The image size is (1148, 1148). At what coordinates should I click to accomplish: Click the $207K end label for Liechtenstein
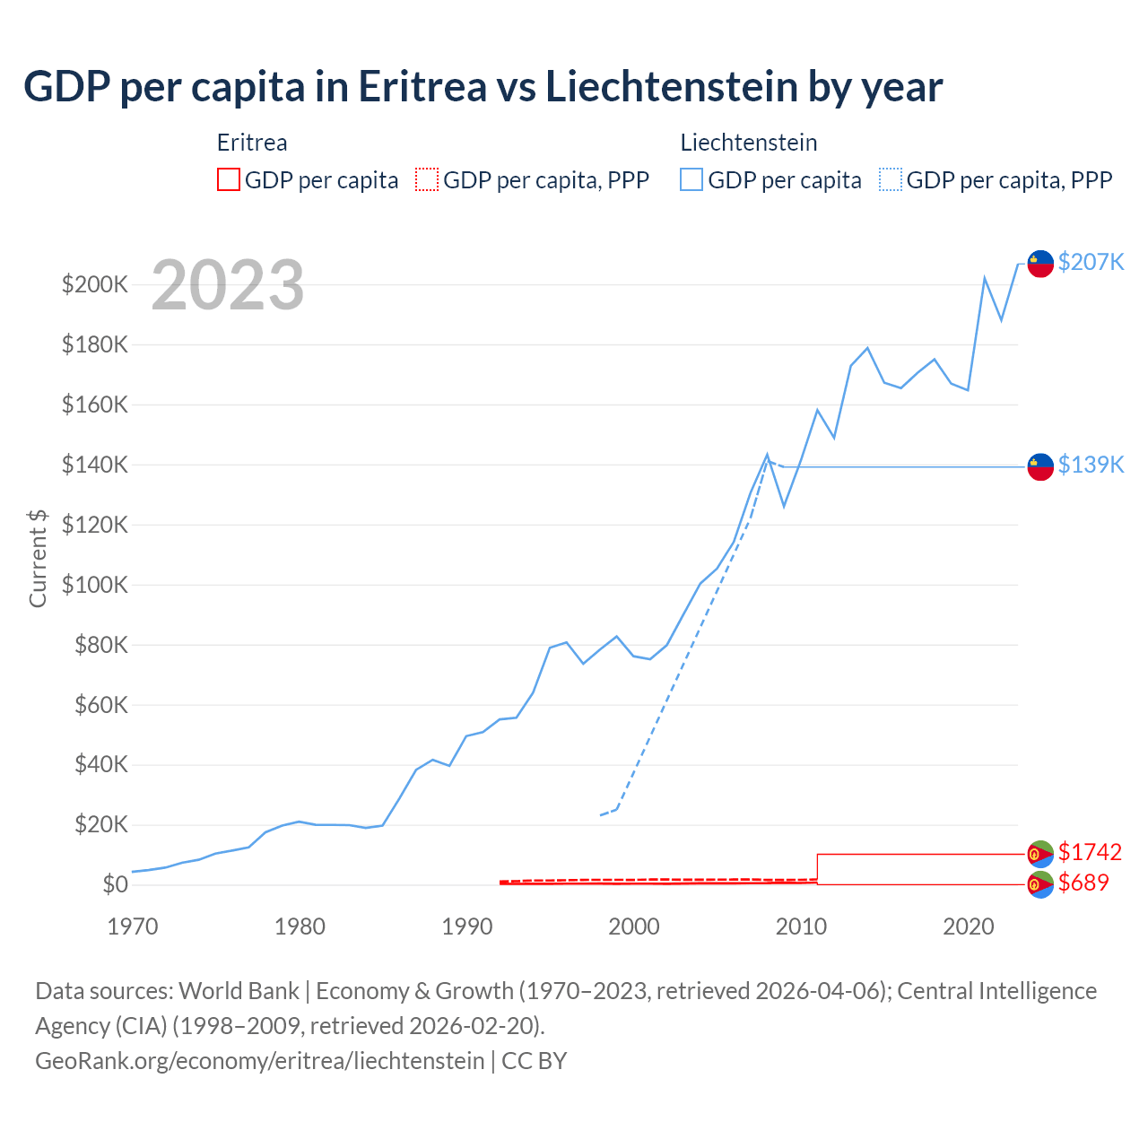(1091, 262)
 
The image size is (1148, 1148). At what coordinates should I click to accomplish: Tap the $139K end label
(1091, 465)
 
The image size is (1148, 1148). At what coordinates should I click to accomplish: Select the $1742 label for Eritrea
(1090, 852)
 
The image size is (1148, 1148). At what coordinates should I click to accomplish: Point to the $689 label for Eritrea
(1083, 883)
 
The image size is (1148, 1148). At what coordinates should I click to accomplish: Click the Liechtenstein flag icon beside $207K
(1039, 264)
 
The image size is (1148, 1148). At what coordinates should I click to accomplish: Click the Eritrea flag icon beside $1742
(1039, 853)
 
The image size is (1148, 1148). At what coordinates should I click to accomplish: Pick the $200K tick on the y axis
(95, 285)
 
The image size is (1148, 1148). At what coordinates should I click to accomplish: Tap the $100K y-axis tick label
(95, 586)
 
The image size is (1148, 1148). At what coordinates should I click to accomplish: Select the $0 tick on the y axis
(115, 885)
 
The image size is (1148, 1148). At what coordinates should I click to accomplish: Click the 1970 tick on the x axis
(132, 926)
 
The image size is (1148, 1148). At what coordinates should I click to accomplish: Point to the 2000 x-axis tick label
(634, 926)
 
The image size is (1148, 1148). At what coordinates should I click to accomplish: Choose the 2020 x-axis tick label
(969, 926)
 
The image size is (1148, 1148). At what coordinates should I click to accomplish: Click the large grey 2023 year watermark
(228, 285)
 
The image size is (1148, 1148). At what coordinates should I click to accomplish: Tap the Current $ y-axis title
(38, 559)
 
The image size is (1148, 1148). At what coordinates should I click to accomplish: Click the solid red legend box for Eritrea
(229, 180)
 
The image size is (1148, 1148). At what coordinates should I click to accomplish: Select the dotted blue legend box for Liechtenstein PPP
(891, 180)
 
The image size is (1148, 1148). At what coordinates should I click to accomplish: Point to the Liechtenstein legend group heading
(749, 143)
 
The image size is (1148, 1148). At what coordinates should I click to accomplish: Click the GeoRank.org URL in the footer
(260, 1061)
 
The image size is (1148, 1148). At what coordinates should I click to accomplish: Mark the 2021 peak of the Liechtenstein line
(985, 278)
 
